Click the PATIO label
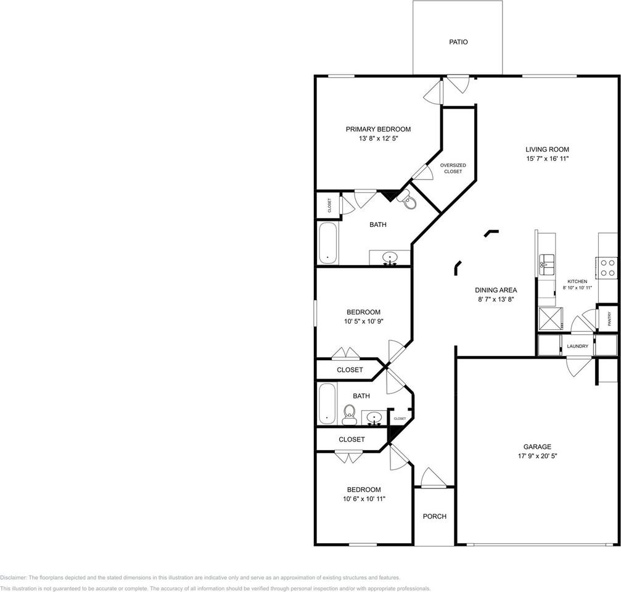coord(458,42)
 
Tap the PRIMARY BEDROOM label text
coord(378,129)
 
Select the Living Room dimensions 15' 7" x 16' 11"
coord(547,158)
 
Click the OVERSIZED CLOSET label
coord(453,168)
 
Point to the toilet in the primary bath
coord(408,200)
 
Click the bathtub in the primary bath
coord(328,243)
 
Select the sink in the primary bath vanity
coord(390,258)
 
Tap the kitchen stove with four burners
coord(607,268)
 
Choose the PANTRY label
coord(609,319)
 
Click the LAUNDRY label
coord(577,346)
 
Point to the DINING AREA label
coord(496,290)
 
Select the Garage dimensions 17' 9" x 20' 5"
coord(537,456)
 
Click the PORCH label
coord(435,516)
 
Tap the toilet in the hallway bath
coord(349,414)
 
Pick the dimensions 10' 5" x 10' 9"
coord(364,321)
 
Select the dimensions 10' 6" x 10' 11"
coord(364,499)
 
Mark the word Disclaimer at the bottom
coord(14,578)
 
